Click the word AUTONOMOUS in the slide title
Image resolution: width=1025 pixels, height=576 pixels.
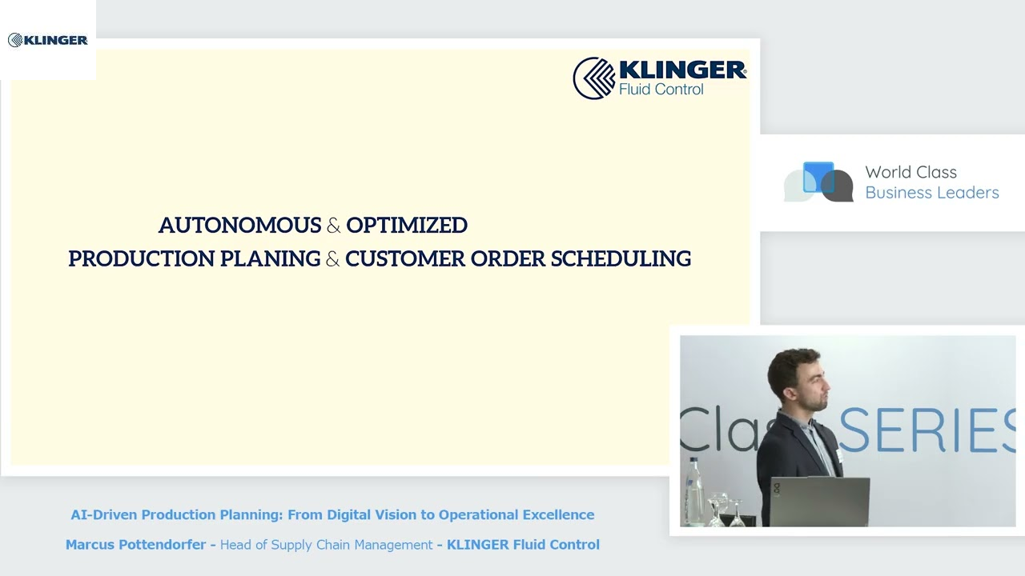point(239,226)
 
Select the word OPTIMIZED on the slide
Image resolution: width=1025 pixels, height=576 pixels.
point(407,226)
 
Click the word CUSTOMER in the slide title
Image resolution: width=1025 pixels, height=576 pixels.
point(405,259)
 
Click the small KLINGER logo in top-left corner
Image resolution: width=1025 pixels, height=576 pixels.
point(47,40)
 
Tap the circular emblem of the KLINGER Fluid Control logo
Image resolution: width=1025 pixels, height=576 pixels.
point(593,78)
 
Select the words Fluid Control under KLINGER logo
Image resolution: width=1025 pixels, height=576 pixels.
point(661,90)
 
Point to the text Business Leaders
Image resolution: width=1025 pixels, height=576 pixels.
point(931,193)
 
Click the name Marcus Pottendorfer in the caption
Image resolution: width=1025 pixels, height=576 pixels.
point(135,545)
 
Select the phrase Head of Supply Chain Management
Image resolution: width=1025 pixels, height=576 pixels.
point(326,545)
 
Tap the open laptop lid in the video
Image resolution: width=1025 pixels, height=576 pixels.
point(819,501)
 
